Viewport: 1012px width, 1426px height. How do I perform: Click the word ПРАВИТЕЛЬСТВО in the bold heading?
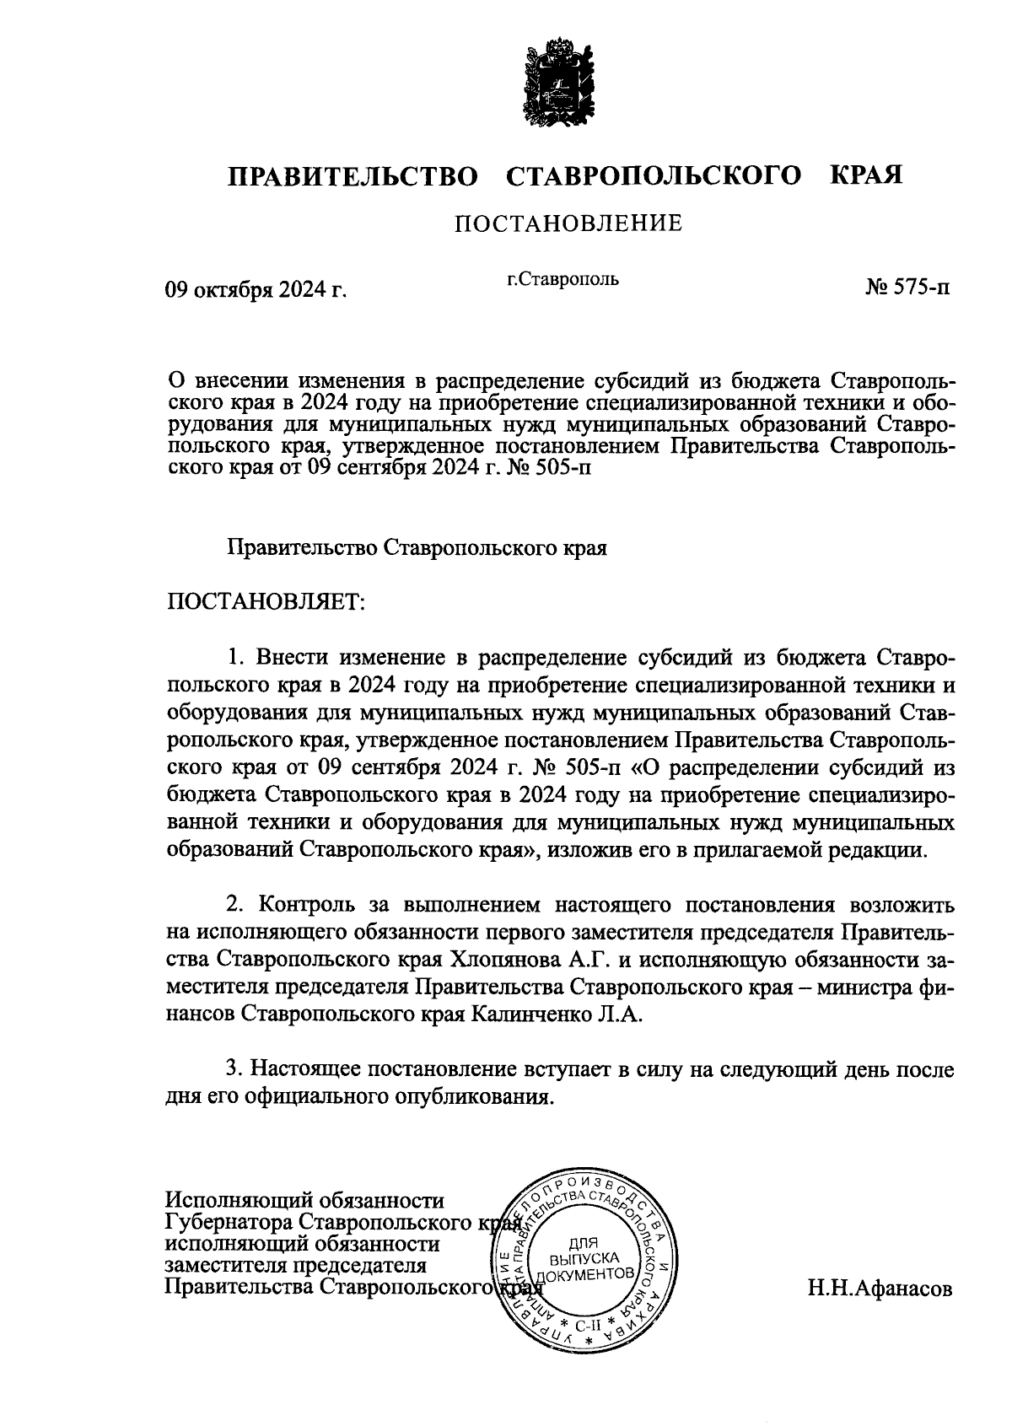[x=353, y=176]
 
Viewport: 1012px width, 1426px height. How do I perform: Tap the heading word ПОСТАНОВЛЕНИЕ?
[x=568, y=224]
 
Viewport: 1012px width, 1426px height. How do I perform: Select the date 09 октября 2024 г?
[x=256, y=290]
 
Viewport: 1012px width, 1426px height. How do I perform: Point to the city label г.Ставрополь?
[x=563, y=279]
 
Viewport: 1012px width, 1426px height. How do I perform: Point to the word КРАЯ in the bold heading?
[x=868, y=175]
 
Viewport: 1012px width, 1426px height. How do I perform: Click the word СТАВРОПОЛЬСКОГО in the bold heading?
[x=654, y=176]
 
